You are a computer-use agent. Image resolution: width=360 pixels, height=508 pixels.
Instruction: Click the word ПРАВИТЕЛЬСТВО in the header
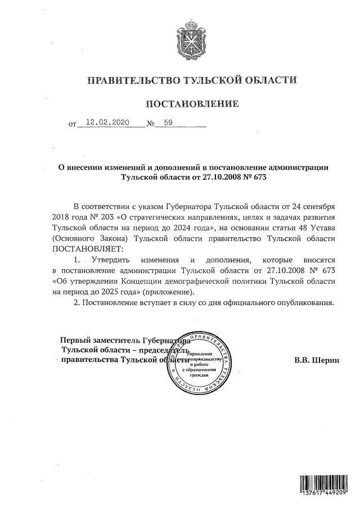click(x=130, y=80)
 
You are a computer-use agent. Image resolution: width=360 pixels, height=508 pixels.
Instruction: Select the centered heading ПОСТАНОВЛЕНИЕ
click(x=192, y=105)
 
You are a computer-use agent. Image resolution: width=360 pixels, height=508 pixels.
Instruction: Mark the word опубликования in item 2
click(x=308, y=303)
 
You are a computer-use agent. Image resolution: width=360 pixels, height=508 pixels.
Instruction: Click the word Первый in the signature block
click(x=76, y=340)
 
